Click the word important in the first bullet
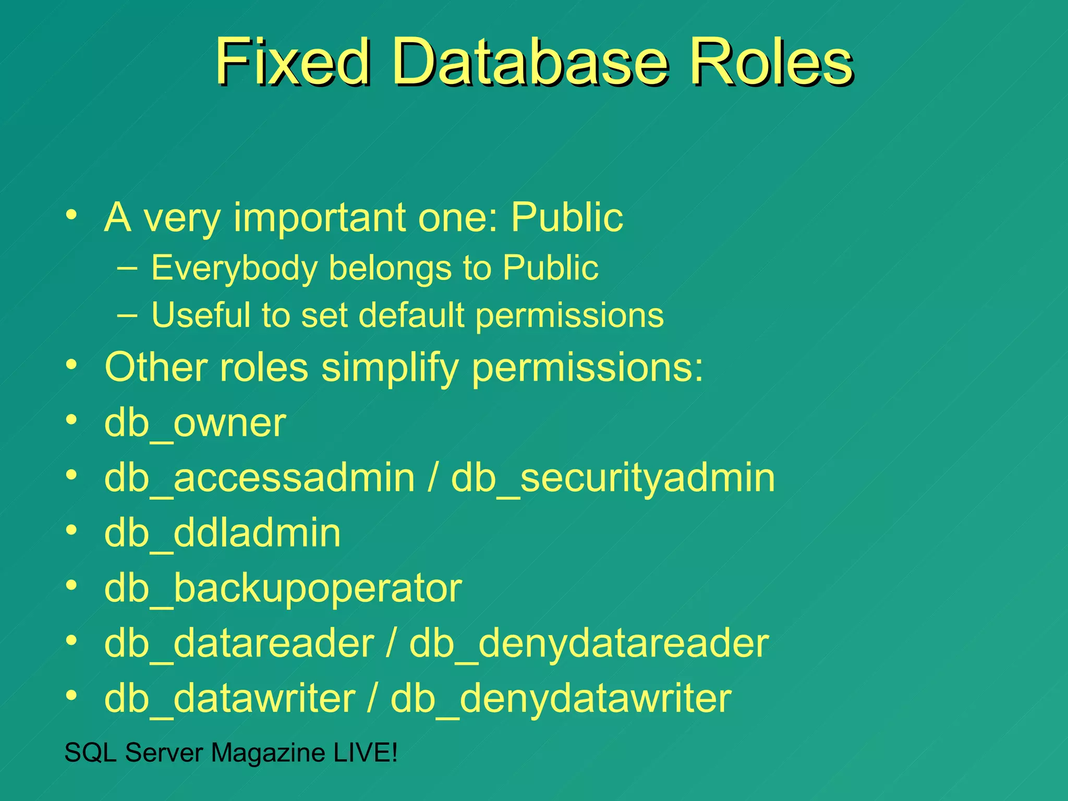(x=319, y=217)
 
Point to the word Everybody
(x=234, y=268)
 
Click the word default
(x=412, y=315)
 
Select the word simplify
(x=389, y=368)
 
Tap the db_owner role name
(x=195, y=423)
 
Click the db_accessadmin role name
(x=259, y=478)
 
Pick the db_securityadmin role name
(x=613, y=478)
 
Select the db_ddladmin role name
(x=222, y=533)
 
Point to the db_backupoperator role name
(x=283, y=588)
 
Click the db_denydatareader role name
(x=589, y=644)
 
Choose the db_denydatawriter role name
(x=561, y=698)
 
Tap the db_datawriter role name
(x=229, y=698)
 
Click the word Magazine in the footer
(x=268, y=753)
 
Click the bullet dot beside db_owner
(x=72, y=419)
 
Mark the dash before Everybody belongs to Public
(x=128, y=268)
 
